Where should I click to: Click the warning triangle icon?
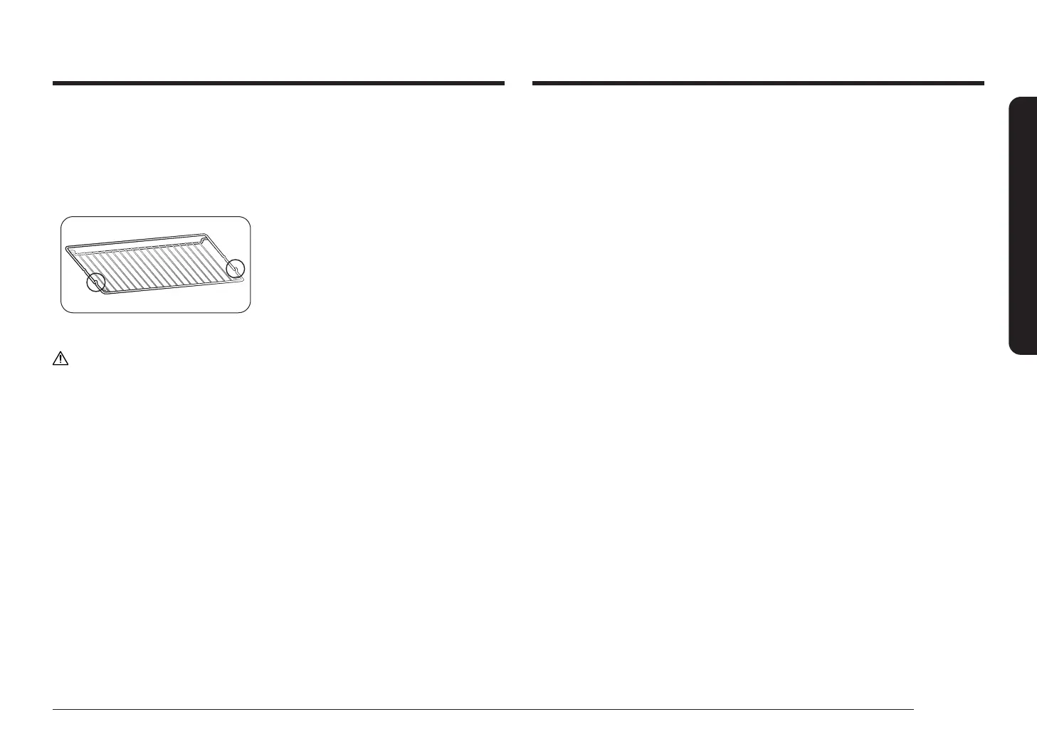(x=60, y=359)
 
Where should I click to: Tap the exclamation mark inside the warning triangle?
(x=60, y=361)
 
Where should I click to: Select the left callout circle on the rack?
(x=95, y=282)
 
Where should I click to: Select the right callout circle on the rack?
(x=235, y=268)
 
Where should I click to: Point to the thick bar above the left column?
(x=278, y=83)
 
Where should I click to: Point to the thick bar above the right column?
(x=758, y=83)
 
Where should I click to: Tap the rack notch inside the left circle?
(x=96, y=283)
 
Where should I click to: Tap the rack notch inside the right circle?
(x=235, y=268)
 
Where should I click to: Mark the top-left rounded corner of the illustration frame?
(x=64, y=220)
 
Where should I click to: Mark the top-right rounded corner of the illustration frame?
(x=247, y=220)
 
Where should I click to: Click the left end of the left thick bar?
(x=54, y=83)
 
